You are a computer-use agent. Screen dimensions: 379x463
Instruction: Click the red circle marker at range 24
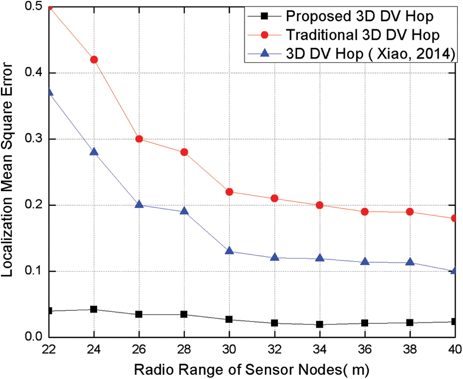tap(94, 59)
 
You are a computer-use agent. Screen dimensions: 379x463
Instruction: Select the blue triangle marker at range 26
tap(139, 205)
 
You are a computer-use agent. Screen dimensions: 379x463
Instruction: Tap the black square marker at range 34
tap(320, 324)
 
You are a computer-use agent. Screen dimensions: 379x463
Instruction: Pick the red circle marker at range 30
tap(229, 192)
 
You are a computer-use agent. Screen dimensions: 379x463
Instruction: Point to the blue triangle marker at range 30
tap(229, 251)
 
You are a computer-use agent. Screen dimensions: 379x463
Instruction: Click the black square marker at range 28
tap(184, 315)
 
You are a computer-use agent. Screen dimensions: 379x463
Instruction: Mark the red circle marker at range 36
tap(364, 212)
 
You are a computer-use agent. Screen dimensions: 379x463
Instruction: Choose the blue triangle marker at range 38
tap(410, 262)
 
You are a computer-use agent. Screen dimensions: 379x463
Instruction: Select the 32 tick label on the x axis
tap(274, 348)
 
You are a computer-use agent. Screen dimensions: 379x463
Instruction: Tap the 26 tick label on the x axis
tap(139, 348)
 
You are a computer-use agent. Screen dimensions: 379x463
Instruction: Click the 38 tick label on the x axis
tap(410, 348)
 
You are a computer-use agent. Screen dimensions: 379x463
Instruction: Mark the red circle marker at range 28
tap(184, 152)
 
